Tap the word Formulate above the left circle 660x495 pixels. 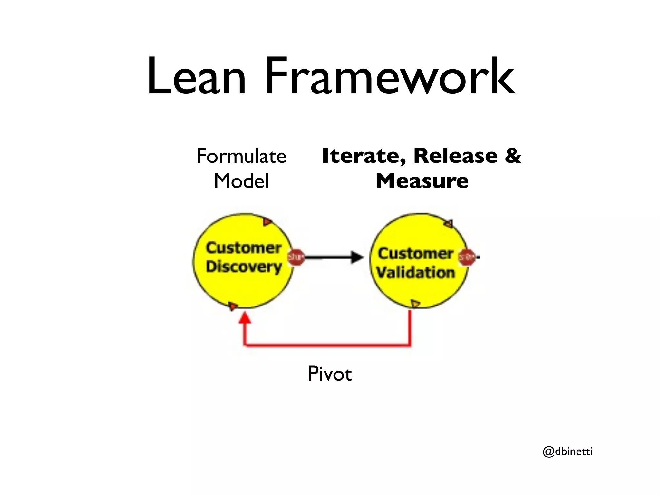[x=241, y=156]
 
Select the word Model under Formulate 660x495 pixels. [x=241, y=181]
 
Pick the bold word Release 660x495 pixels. [x=455, y=156]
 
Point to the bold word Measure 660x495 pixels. [x=422, y=181]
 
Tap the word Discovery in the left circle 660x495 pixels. [x=244, y=267]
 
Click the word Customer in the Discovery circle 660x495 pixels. [x=244, y=248]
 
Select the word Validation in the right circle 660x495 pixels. [x=416, y=273]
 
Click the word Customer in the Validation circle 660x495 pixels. [x=416, y=254]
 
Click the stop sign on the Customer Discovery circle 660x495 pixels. [x=296, y=257]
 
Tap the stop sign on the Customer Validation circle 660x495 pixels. [x=467, y=257]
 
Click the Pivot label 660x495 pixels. [x=330, y=374]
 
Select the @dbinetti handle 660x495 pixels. [x=568, y=452]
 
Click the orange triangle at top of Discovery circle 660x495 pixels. [x=267, y=222]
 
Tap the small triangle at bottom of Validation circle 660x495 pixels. [x=415, y=303]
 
